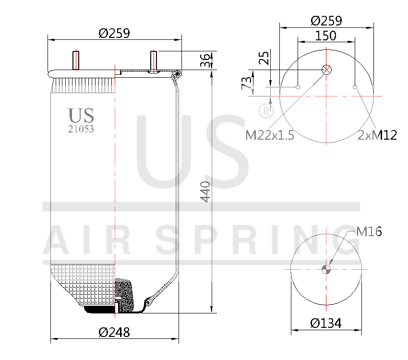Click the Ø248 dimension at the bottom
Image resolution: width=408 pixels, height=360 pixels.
[114, 332]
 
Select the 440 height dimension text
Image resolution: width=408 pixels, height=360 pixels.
[205, 192]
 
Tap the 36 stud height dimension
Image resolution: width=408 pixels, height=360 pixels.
[205, 60]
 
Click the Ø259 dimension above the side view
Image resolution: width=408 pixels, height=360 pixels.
[114, 33]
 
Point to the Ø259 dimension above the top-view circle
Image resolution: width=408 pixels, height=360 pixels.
[326, 21]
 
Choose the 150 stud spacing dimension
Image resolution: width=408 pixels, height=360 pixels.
[326, 36]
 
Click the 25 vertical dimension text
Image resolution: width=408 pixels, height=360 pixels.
[264, 58]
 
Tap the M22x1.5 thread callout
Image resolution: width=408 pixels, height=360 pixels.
[269, 135]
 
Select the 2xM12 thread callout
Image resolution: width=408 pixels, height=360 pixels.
[377, 135]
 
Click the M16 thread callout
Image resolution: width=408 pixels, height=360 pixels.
[369, 232]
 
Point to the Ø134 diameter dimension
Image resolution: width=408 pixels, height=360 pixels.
[326, 323]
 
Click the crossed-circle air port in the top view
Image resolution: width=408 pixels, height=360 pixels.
[326, 70]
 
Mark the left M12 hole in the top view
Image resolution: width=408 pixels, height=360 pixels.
[298, 87]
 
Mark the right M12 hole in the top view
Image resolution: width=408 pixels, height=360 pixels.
[355, 87]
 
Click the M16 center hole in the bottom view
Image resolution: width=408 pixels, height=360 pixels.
[326, 269]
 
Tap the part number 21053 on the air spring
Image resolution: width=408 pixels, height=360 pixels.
[81, 129]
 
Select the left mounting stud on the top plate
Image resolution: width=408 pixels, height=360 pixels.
[76, 60]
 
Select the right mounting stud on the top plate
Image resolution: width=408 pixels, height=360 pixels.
[153, 61]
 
